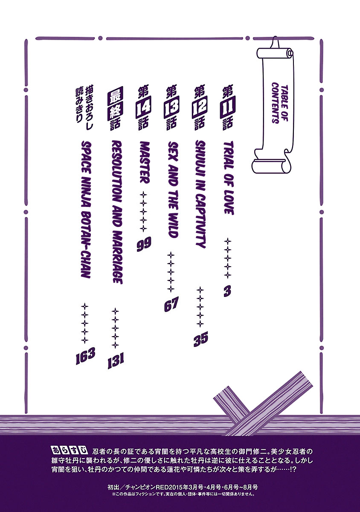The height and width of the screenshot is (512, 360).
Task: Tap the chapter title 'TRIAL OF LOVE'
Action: (x=228, y=178)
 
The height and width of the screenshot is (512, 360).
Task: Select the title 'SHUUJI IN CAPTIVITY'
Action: (x=201, y=194)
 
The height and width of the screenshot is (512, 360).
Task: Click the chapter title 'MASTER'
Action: (x=145, y=163)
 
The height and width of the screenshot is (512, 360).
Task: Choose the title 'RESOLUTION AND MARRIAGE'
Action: (x=117, y=212)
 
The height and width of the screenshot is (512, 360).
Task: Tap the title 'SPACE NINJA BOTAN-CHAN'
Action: (x=86, y=209)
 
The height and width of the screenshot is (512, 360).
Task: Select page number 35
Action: (x=200, y=339)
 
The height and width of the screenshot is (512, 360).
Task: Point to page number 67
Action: (x=171, y=304)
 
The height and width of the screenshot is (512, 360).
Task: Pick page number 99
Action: (x=144, y=244)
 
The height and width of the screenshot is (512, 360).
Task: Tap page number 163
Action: (x=85, y=356)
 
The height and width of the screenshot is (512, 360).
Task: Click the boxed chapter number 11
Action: (x=228, y=107)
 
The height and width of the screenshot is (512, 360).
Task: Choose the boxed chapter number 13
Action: (x=171, y=107)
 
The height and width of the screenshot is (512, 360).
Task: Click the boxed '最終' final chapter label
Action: (x=116, y=103)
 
